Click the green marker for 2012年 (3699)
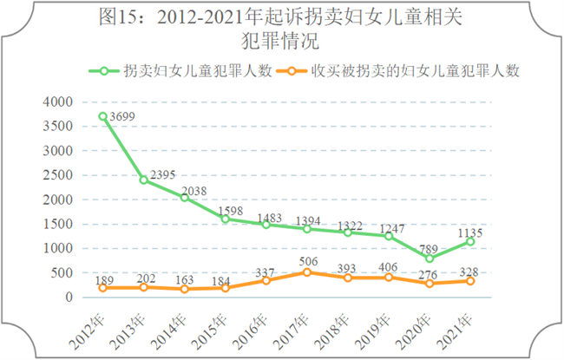[103, 116]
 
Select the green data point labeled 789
[430, 258]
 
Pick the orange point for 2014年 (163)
[185, 289]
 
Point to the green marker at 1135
[470, 241]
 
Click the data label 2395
[163, 176]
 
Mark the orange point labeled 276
[430, 283]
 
